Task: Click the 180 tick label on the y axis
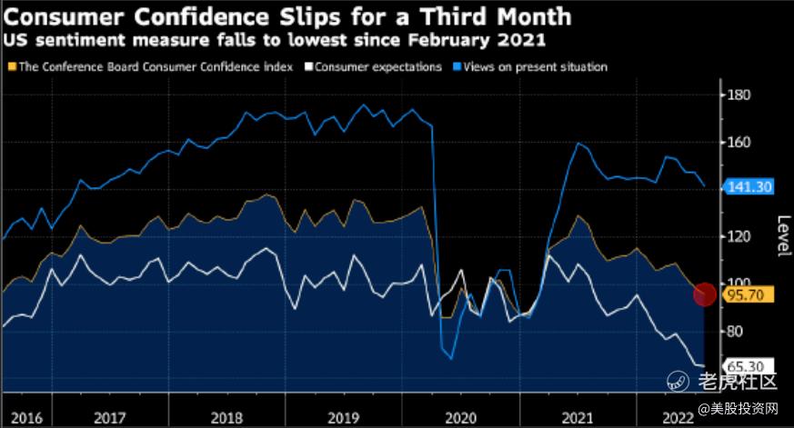point(738,95)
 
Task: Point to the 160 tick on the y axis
point(738,143)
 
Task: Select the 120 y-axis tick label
point(738,236)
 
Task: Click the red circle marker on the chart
point(706,294)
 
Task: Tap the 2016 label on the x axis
point(28,418)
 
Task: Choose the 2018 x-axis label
point(226,418)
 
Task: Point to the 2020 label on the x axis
point(458,418)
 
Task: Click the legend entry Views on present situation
point(535,66)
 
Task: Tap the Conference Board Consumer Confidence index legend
point(154,66)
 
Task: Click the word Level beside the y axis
point(781,236)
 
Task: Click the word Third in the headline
point(440,15)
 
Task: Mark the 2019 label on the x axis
point(342,418)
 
